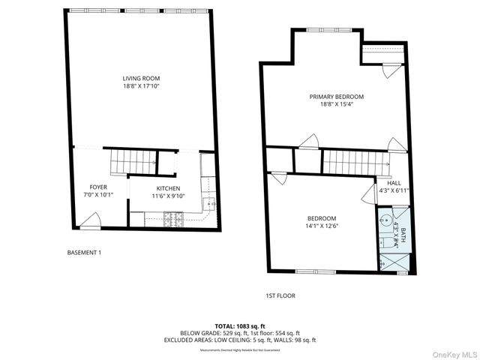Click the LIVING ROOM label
(x=142, y=78)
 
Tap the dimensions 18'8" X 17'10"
(x=142, y=86)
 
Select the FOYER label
(x=98, y=187)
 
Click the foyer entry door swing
(x=89, y=220)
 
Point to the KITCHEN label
(x=168, y=188)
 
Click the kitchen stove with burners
(x=174, y=218)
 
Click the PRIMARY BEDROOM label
(x=337, y=97)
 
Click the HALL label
(x=394, y=183)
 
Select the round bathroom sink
(x=385, y=222)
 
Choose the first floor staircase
(x=352, y=162)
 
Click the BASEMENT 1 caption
(x=84, y=253)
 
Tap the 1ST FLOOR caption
(x=280, y=295)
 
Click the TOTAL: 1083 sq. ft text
(x=240, y=326)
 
